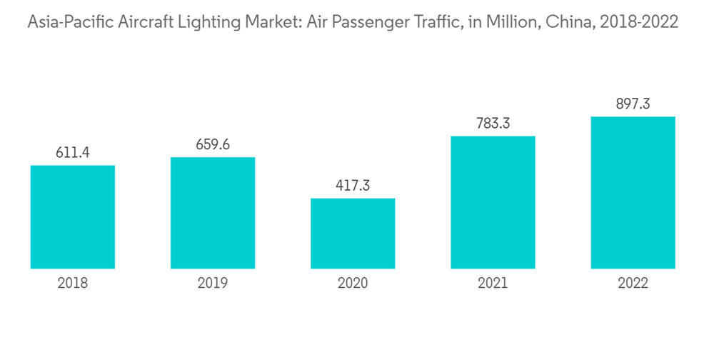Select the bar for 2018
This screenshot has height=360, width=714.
(x=73, y=217)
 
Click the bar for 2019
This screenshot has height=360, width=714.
(x=213, y=213)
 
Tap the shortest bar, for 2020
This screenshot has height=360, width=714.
(x=353, y=234)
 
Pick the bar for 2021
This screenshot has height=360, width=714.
(x=493, y=202)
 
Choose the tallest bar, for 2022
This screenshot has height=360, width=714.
(x=633, y=193)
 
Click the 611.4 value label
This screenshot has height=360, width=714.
(x=73, y=152)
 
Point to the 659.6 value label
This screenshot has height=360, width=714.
(x=213, y=144)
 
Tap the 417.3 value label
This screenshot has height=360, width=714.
(x=353, y=186)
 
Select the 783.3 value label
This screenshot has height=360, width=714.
(x=493, y=123)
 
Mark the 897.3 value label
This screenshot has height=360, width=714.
(x=633, y=104)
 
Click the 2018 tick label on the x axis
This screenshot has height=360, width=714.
(x=73, y=284)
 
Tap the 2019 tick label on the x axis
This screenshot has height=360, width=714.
(x=213, y=284)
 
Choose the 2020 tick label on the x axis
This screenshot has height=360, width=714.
(x=353, y=284)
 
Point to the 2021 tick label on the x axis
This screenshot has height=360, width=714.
(x=493, y=284)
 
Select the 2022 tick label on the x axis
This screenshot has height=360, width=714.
(x=633, y=284)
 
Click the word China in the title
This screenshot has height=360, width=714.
(x=567, y=23)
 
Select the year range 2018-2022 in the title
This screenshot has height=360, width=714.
(x=638, y=23)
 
